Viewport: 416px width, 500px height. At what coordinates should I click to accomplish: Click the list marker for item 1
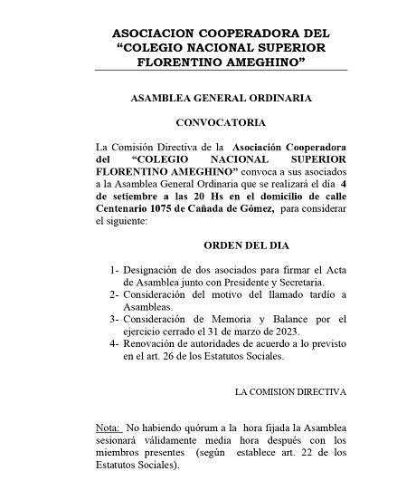[114, 269]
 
